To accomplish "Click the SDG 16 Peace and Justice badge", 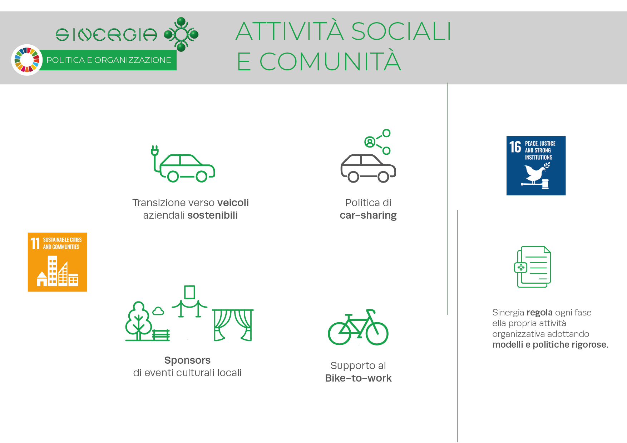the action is pyautogui.click(x=536, y=165).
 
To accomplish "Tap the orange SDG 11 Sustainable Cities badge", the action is pyautogui.click(x=57, y=262).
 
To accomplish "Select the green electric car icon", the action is pyautogui.click(x=183, y=164).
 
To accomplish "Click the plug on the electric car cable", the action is pyautogui.click(x=155, y=150).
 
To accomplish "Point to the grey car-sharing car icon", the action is pyautogui.click(x=368, y=168).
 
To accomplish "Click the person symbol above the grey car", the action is pyautogui.click(x=370, y=142).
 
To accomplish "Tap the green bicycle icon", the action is pyautogui.click(x=358, y=327).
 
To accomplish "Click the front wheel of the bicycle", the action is pyautogui.click(x=377, y=333).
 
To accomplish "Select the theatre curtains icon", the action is pyautogui.click(x=233, y=325).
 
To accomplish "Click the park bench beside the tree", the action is pyautogui.click(x=161, y=335).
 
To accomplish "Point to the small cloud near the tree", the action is pyautogui.click(x=158, y=311).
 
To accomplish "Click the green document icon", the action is pyautogui.click(x=532, y=267).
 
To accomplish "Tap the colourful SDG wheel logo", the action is pyautogui.click(x=27, y=60).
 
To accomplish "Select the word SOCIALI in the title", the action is pyautogui.click(x=401, y=31).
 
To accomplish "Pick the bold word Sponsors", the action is pyautogui.click(x=187, y=360).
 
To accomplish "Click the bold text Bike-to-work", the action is pyautogui.click(x=358, y=378).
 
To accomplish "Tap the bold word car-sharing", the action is pyautogui.click(x=368, y=215).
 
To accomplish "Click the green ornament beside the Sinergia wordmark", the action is pyautogui.click(x=181, y=34).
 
